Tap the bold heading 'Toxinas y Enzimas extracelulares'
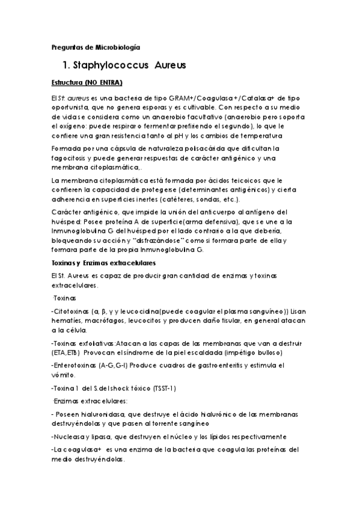coord(103,263)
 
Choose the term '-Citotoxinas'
coord(70,311)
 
